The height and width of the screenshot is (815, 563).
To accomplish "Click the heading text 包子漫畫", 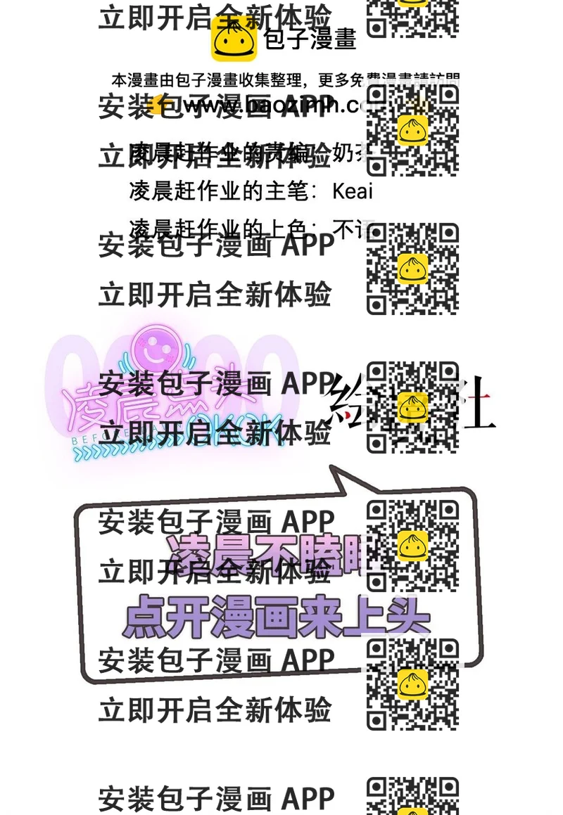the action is coord(310,39).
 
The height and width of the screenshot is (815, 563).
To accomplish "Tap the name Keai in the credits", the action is coord(353,191).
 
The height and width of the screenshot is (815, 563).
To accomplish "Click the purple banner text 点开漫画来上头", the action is coord(276,618).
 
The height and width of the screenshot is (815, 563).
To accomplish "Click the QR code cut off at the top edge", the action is coord(412,17).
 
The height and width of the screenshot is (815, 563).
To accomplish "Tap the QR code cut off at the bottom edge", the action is coord(412,795).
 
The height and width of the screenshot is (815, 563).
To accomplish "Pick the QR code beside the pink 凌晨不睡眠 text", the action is coord(412,546).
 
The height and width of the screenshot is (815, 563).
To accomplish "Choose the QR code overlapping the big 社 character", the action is coord(412,407).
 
